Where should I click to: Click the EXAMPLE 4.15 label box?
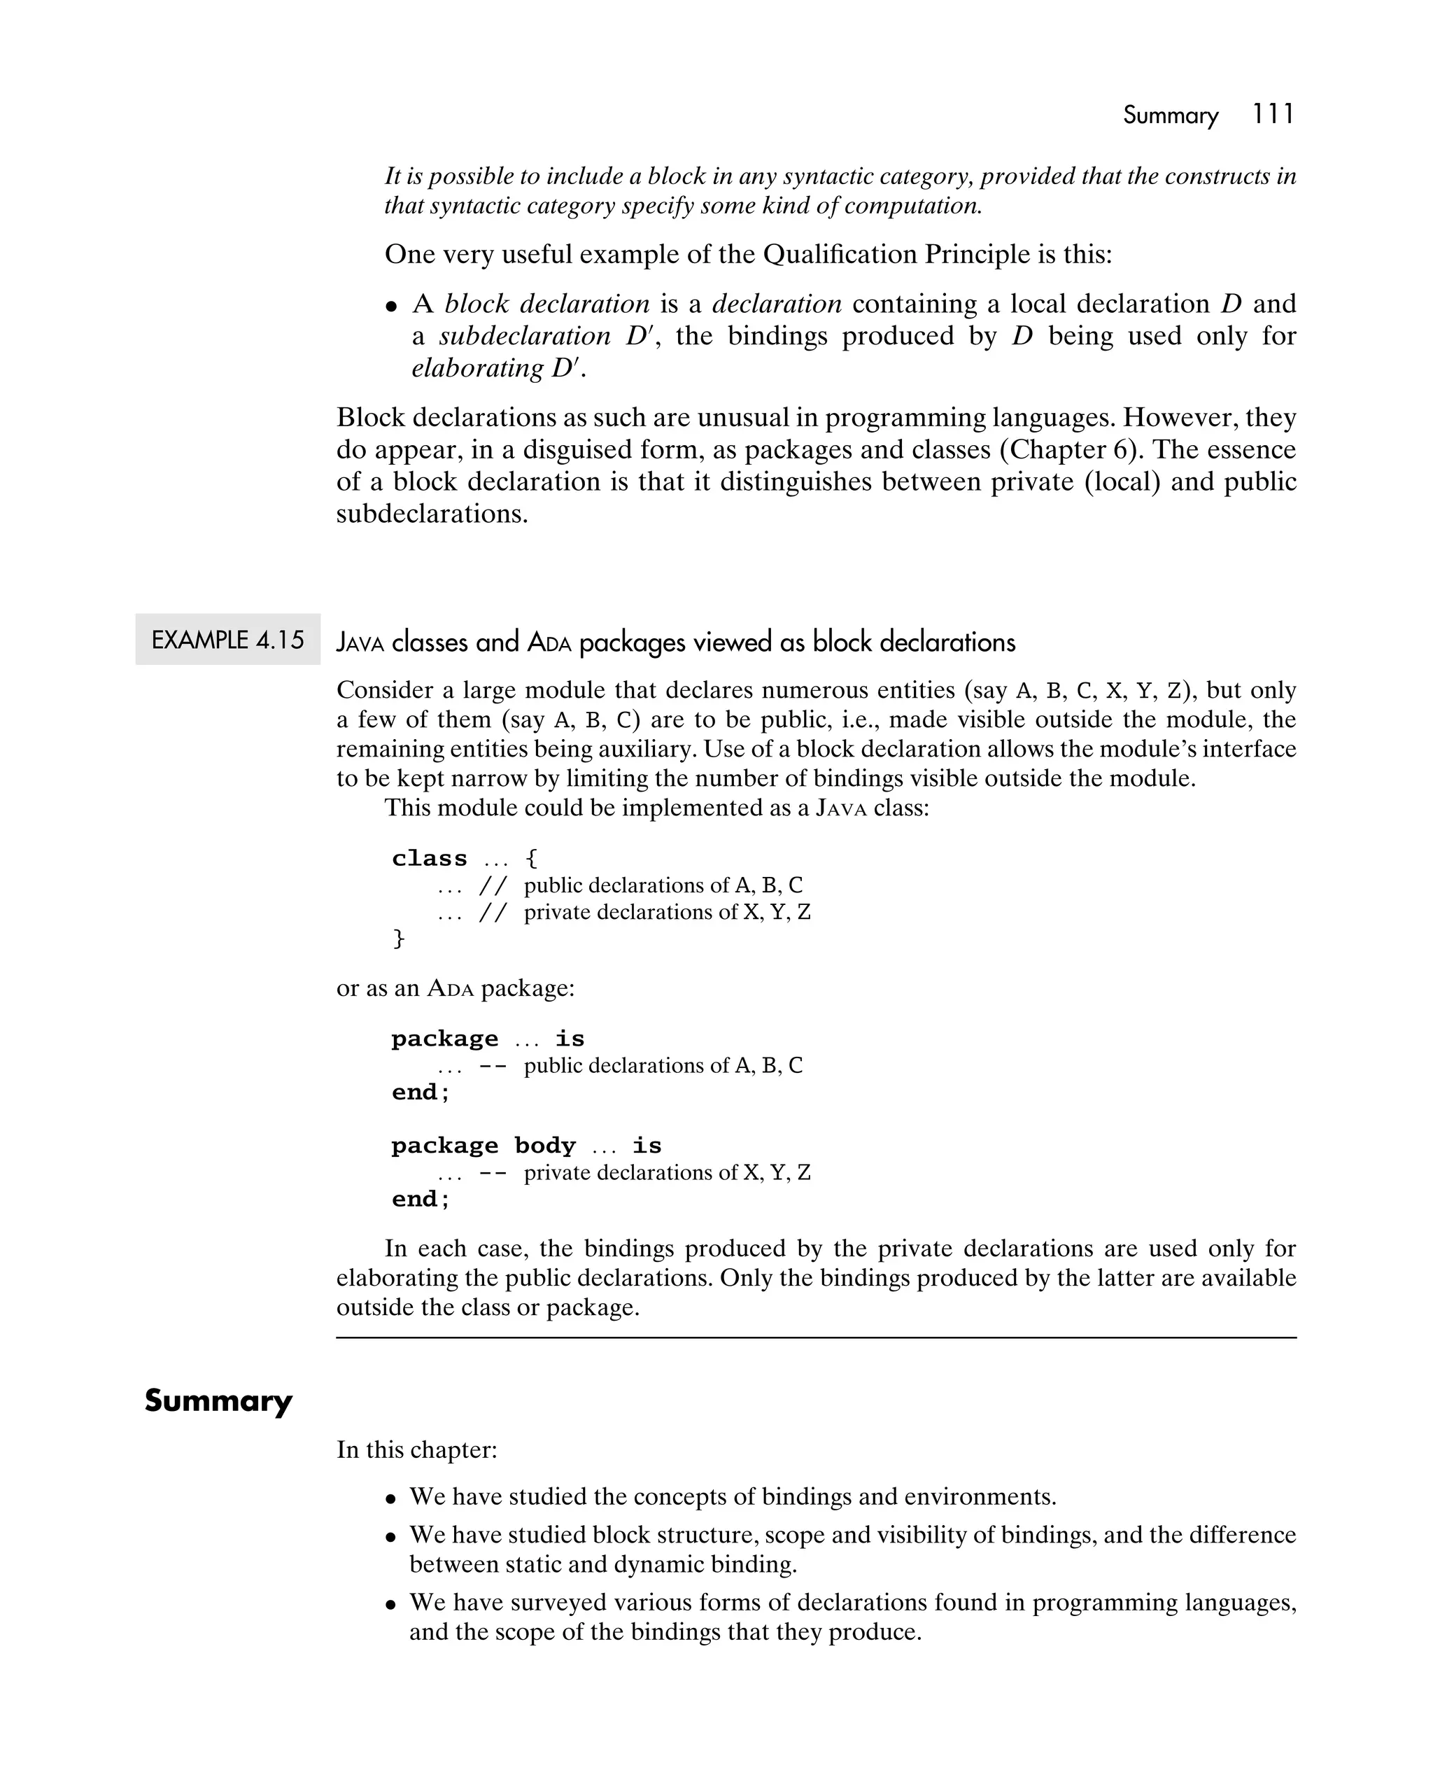[x=227, y=640]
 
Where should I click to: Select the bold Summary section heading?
[x=218, y=1401]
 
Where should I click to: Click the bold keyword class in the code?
[x=430, y=858]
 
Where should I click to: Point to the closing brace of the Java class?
[x=398, y=938]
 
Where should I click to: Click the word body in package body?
[x=544, y=1145]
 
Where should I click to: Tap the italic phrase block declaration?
[x=547, y=304]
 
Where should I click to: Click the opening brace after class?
[x=532, y=858]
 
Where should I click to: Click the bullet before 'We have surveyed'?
[x=392, y=1604]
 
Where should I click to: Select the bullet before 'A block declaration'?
[x=392, y=306]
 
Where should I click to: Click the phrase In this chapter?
[x=416, y=1449]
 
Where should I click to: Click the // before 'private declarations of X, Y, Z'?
[x=493, y=912]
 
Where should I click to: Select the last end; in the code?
[x=421, y=1198]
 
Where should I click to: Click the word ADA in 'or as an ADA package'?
[x=451, y=988]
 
